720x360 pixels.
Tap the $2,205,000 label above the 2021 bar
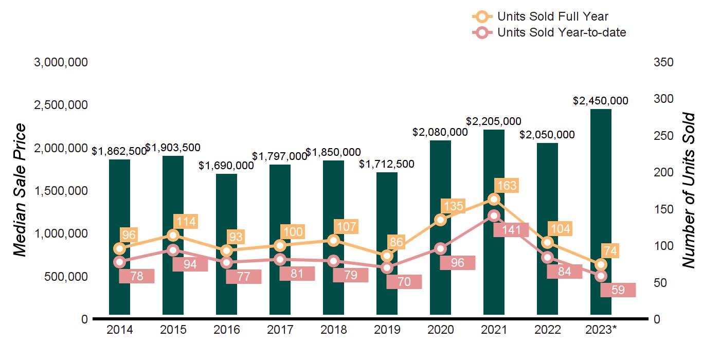[x=494, y=121]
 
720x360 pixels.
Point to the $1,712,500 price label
[x=386, y=164]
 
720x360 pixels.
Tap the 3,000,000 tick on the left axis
[x=61, y=62]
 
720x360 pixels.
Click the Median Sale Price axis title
[x=20, y=190]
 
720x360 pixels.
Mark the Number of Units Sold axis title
[x=688, y=190]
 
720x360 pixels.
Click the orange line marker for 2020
[x=440, y=220]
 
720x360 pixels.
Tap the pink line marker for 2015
[x=173, y=250]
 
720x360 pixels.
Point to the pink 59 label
[x=618, y=290]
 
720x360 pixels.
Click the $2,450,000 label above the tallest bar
[x=601, y=101]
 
